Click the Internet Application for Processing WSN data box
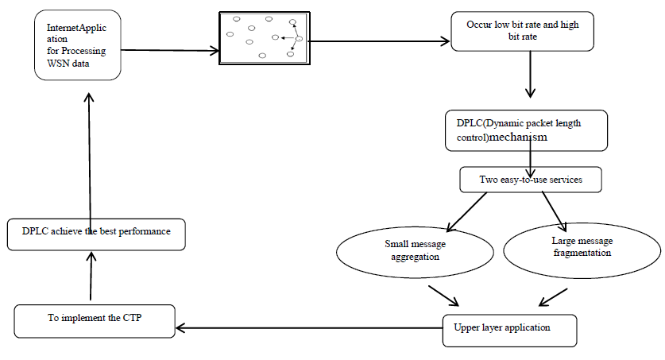coord(78,45)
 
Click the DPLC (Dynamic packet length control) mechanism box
coord(526,130)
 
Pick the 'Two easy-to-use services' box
coord(530,180)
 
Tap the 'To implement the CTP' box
coord(95,319)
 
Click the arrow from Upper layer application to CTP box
coord(310,326)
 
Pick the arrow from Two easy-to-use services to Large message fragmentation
coord(553,209)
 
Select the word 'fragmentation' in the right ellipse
coord(581,253)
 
